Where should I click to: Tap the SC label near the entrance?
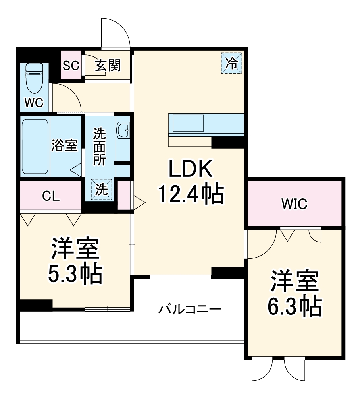(x=71, y=65)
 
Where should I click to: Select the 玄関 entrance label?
(x=107, y=65)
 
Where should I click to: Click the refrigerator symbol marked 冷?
(x=231, y=62)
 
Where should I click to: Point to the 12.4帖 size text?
(x=191, y=194)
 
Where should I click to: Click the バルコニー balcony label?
(x=190, y=309)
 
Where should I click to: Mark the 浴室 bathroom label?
(x=64, y=146)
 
